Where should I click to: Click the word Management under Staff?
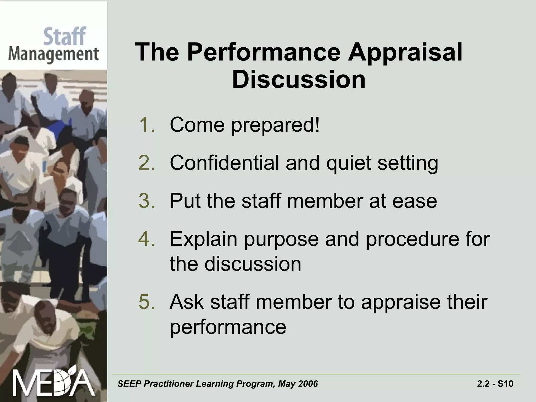pos(53,54)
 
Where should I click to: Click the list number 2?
pos(147,163)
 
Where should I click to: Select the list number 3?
pos(147,201)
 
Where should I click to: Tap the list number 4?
pos(147,239)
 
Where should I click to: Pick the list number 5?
pos(147,302)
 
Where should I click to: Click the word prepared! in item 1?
pos(275,125)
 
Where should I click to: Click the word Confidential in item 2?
pos(224,163)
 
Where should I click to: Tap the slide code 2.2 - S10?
pos(495,384)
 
